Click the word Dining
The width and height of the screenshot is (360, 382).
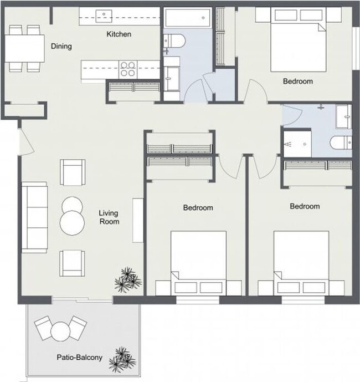point(61,47)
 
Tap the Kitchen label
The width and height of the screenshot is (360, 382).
point(119,34)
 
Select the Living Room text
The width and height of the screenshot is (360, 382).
point(109,217)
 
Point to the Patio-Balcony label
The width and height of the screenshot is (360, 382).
point(79,358)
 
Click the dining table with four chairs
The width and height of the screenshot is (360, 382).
point(25,48)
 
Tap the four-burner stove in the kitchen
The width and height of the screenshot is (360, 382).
point(128,69)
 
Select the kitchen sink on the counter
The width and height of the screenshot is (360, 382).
point(103,14)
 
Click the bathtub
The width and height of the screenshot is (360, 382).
point(188,18)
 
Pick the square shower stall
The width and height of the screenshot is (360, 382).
point(299,144)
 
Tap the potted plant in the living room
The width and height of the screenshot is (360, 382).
point(127,279)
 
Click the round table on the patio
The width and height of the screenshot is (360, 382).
point(59,332)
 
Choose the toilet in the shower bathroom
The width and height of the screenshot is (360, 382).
point(339,144)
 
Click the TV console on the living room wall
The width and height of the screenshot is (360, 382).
point(137,219)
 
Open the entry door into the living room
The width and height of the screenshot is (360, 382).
point(22,140)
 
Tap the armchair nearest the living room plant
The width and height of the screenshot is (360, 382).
point(73,263)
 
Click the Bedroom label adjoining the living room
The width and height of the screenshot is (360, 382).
point(198,208)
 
